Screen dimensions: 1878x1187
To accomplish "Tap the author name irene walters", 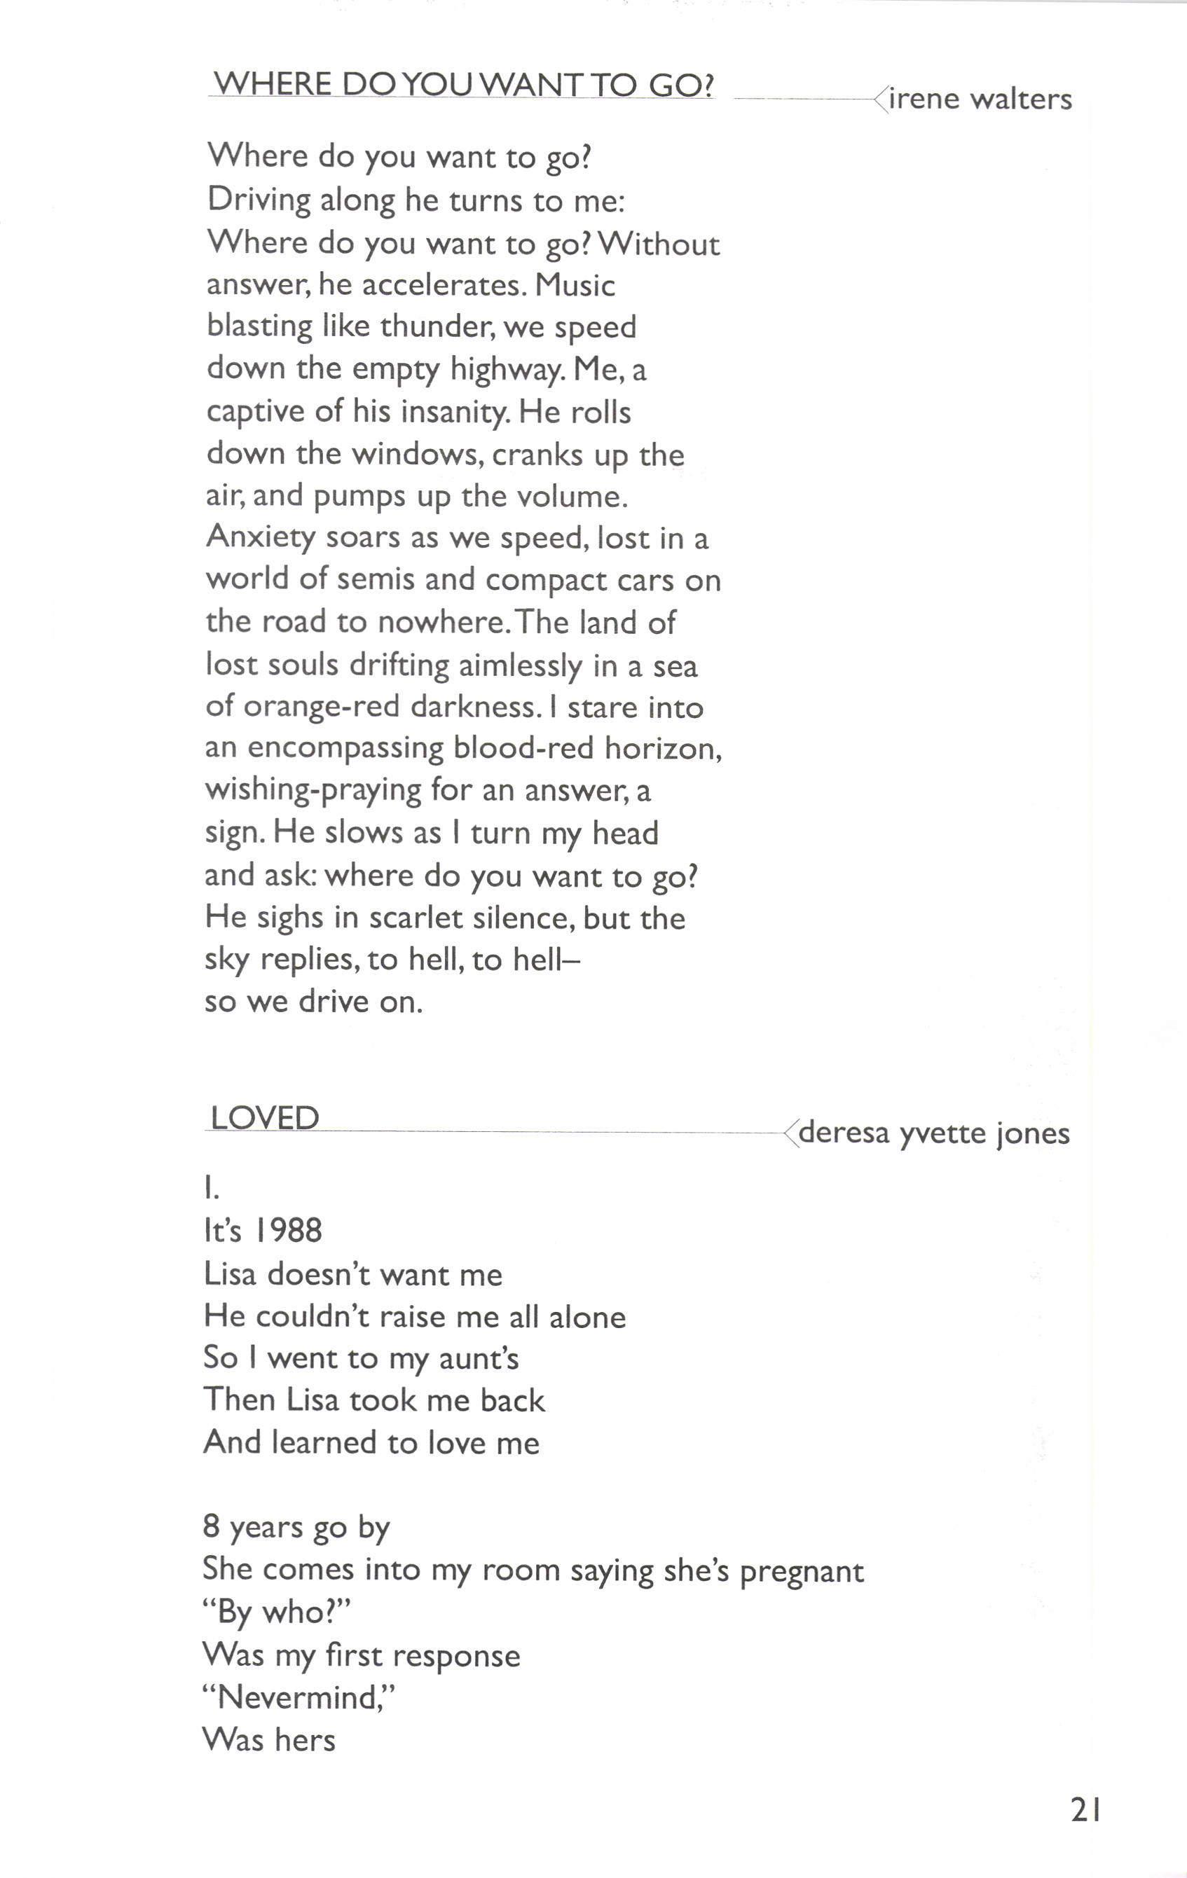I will [x=980, y=99].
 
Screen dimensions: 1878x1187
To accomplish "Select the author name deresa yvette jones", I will [x=933, y=1133].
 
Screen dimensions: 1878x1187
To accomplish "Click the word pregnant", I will [x=801, y=1571].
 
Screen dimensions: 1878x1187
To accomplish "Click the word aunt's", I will [x=478, y=1358].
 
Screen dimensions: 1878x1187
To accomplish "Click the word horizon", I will [x=663, y=748].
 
